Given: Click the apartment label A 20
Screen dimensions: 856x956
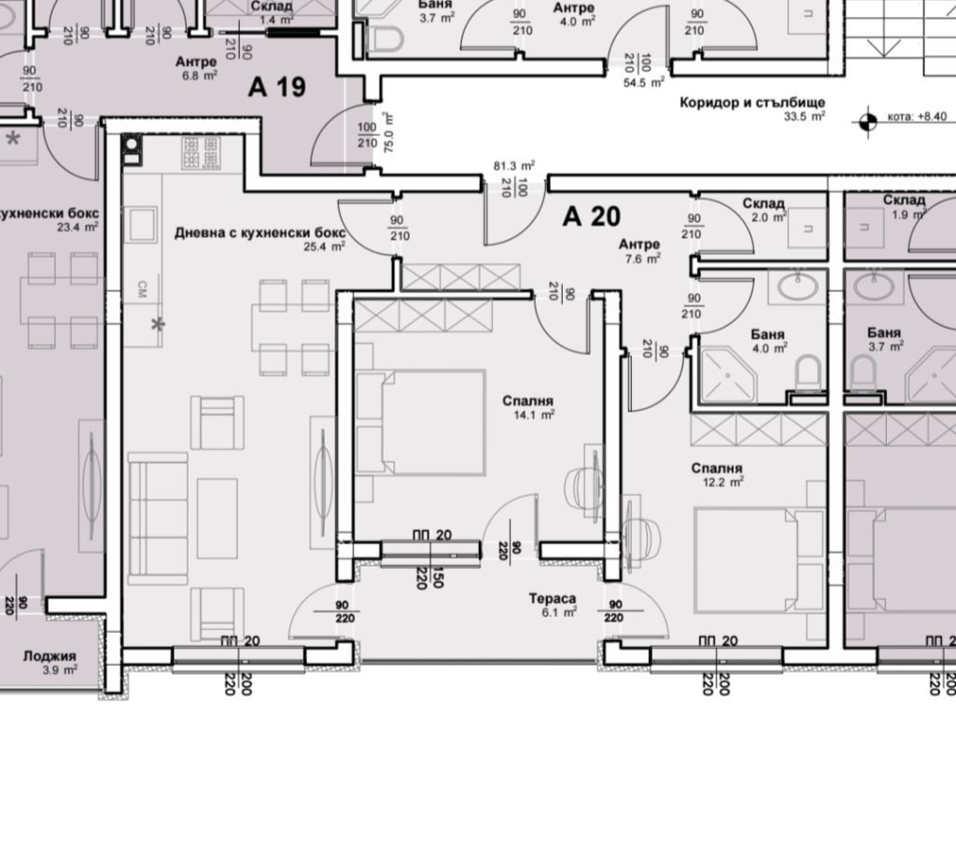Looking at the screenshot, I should pos(591,217).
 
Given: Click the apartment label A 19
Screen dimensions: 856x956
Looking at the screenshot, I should pos(276,88).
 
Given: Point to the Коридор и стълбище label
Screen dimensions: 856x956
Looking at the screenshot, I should pos(753,104).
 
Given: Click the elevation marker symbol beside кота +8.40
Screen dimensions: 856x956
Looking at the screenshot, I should pos(867,119).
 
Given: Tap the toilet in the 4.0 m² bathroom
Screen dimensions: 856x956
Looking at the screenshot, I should pos(808,375).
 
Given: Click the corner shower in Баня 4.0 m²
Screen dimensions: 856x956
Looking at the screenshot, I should pos(728,372).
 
